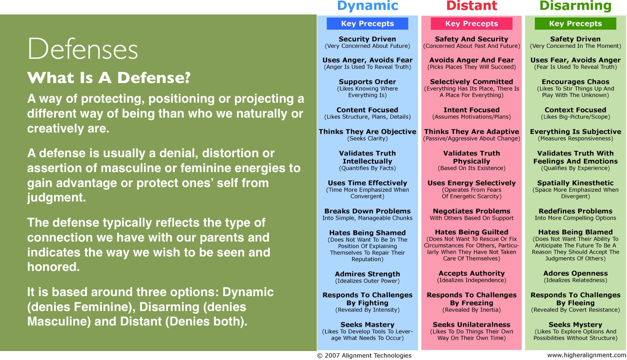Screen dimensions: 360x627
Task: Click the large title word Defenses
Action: point(83,49)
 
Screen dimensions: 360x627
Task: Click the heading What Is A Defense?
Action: point(109,78)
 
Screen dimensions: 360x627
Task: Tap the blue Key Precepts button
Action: point(367,24)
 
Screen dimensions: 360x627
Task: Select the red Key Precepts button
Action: point(471,24)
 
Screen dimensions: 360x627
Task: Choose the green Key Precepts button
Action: point(575,24)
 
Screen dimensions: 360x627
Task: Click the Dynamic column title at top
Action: point(367,6)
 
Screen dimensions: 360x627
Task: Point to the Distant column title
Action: point(471,6)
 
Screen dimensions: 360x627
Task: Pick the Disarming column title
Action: point(575,6)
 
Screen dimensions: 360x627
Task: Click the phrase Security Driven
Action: point(367,39)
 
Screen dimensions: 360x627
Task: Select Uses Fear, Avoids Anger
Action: point(575,60)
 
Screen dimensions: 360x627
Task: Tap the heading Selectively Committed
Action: point(471,82)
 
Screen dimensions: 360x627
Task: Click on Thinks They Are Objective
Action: point(367,132)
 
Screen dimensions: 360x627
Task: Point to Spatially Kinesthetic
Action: point(575,183)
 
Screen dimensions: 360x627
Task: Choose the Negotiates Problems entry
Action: point(471,211)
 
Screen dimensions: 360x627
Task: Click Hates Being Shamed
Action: point(367,233)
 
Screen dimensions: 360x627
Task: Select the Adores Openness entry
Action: point(575,274)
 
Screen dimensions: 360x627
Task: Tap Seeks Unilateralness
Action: point(471,325)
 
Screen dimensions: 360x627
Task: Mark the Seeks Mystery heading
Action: point(575,325)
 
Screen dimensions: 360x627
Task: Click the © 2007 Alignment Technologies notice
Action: point(364,355)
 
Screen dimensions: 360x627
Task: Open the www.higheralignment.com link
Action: point(587,355)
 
